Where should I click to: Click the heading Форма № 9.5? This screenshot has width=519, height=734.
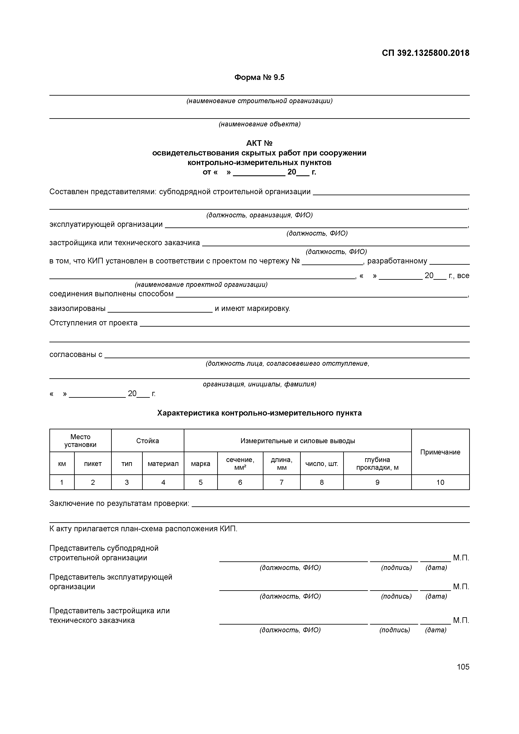259,77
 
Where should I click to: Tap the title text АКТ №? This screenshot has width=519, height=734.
259,143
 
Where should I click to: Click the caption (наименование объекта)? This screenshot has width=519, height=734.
259,124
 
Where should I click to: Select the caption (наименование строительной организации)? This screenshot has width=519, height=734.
259,101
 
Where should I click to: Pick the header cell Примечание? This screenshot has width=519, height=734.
440,452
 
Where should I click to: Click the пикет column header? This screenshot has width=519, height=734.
93,463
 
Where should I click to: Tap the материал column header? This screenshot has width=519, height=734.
163,463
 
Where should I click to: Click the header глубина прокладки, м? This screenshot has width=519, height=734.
377,463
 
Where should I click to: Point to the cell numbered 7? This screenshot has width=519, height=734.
281,482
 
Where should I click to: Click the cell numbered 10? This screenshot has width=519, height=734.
440,482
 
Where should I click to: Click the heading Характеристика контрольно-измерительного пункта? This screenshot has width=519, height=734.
259,413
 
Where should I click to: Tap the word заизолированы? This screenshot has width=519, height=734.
77,308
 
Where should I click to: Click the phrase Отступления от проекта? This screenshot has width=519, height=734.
93,323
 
